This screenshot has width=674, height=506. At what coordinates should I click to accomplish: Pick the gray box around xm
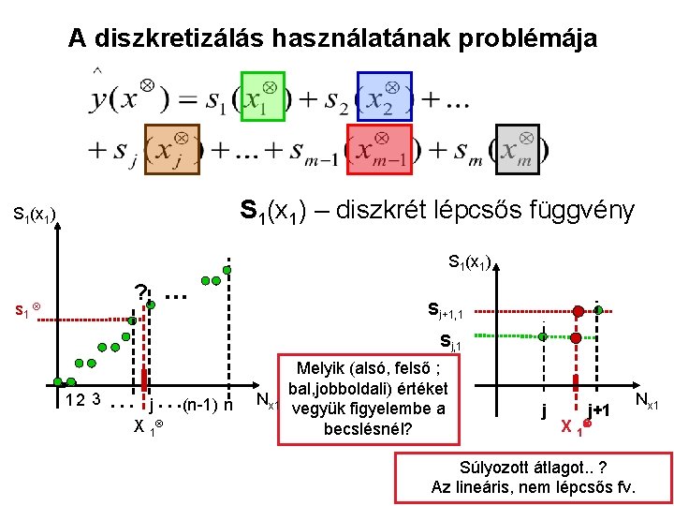pyautogui.click(x=517, y=149)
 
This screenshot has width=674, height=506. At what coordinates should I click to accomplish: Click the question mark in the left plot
pyautogui.click(x=139, y=294)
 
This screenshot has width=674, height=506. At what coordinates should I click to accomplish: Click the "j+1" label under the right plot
pyautogui.click(x=600, y=410)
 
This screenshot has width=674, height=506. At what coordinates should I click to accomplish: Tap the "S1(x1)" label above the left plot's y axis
pyautogui.click(x=36, y=216)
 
